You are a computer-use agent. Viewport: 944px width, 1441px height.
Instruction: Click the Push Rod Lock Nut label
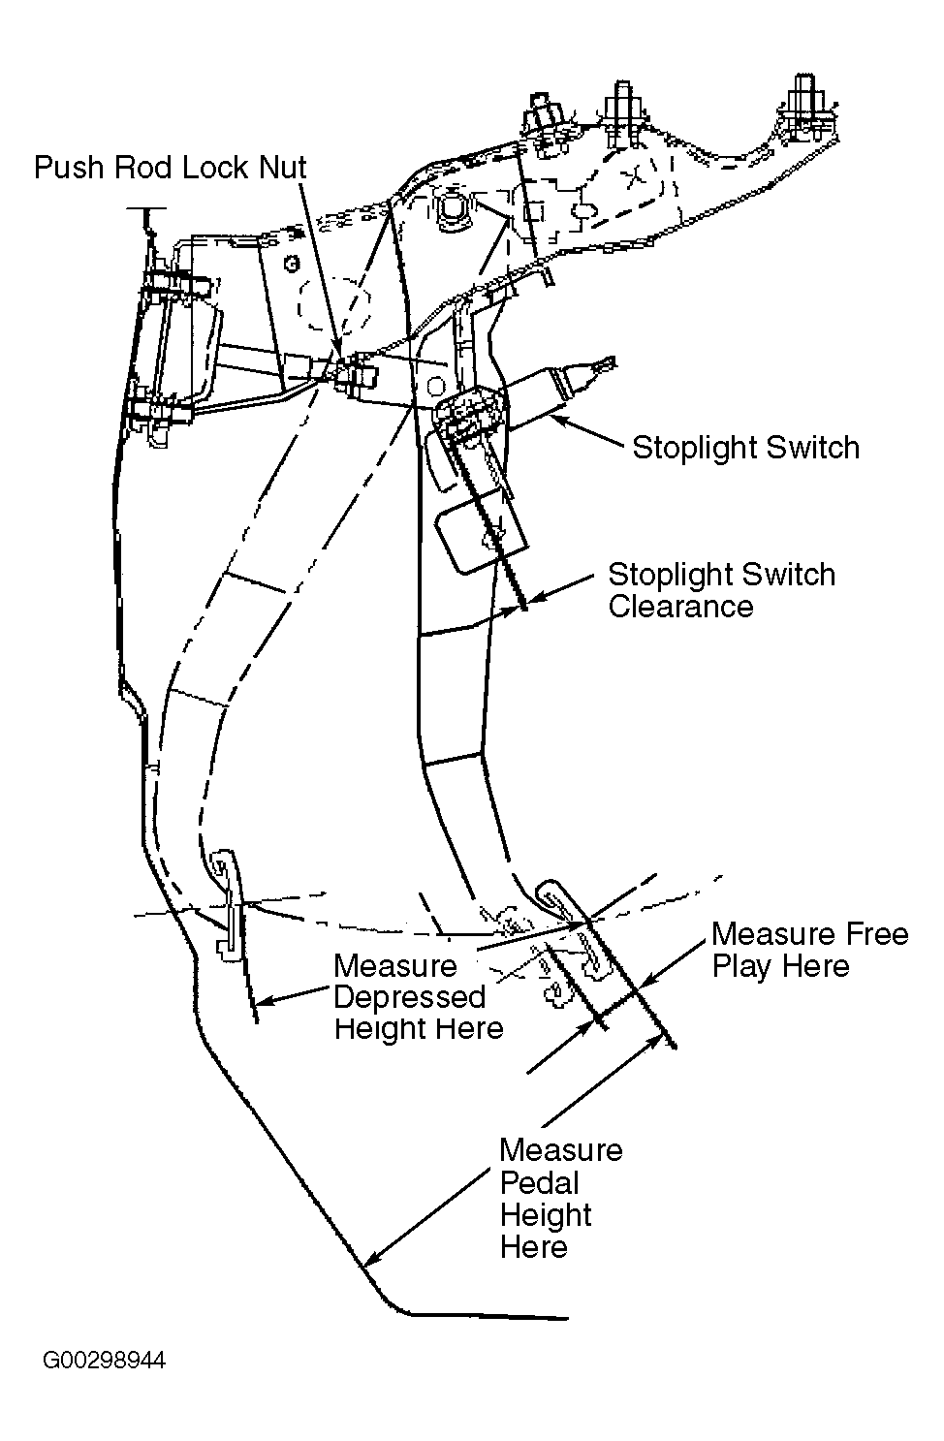[x=170, y=168]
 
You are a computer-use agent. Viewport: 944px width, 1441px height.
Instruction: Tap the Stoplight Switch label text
[x=746, y=448]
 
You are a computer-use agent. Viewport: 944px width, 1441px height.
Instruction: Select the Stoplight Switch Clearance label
[x=721, y=590]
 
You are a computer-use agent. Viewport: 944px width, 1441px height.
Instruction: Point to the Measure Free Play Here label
[x=809, y=950]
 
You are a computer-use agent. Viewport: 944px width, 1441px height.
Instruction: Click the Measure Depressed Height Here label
[x=419, y=996]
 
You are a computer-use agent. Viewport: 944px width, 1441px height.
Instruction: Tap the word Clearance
[x=680, y=607]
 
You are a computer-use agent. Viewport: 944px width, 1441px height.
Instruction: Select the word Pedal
[x=539, y=1182]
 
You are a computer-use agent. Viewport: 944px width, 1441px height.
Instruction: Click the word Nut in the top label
[x=282, y=168]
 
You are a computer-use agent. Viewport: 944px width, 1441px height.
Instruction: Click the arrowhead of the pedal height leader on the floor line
[x=371, y=1260]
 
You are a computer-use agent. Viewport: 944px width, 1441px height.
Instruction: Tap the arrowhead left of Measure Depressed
[x=264, y=1001]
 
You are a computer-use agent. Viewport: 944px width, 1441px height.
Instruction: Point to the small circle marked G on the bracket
[x=292, y=264]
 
